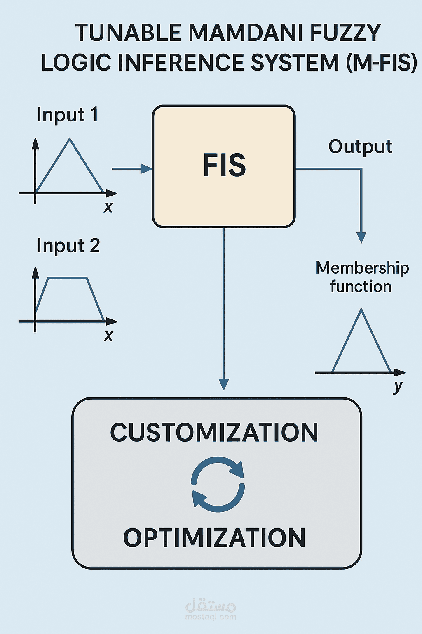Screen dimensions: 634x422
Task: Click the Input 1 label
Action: [68, 115]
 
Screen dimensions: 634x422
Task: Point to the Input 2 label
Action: [68, 246]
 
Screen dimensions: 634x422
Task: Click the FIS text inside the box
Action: [224, 166]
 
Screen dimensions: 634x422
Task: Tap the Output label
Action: [360, 147]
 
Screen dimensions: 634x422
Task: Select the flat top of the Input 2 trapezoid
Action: [68, 278]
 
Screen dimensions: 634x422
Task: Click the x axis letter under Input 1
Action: [108, 207]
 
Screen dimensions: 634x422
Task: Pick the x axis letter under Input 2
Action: [108, 336]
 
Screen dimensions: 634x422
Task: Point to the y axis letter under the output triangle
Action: [398, 387]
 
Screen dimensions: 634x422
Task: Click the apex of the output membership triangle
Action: [361, 310]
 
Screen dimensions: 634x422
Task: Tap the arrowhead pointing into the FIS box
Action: [146, 168]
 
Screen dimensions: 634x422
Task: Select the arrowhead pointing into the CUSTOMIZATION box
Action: [223, 384]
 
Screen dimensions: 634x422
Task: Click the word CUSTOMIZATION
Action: [214, 433]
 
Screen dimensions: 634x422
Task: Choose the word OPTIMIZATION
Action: [214, 538]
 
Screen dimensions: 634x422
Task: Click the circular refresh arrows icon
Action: [218, 484]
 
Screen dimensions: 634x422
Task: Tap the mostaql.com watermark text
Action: [211, 617]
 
